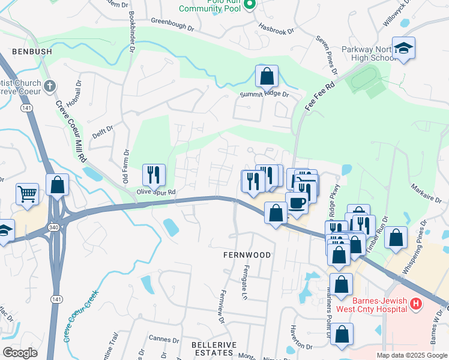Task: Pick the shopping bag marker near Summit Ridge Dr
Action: (x=267, y=76)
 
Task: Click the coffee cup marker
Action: (x=297, y=203)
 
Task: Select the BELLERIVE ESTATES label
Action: (x=214, y=349)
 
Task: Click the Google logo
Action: (x=20, y=353)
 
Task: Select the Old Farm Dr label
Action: (x=126, y=167)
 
